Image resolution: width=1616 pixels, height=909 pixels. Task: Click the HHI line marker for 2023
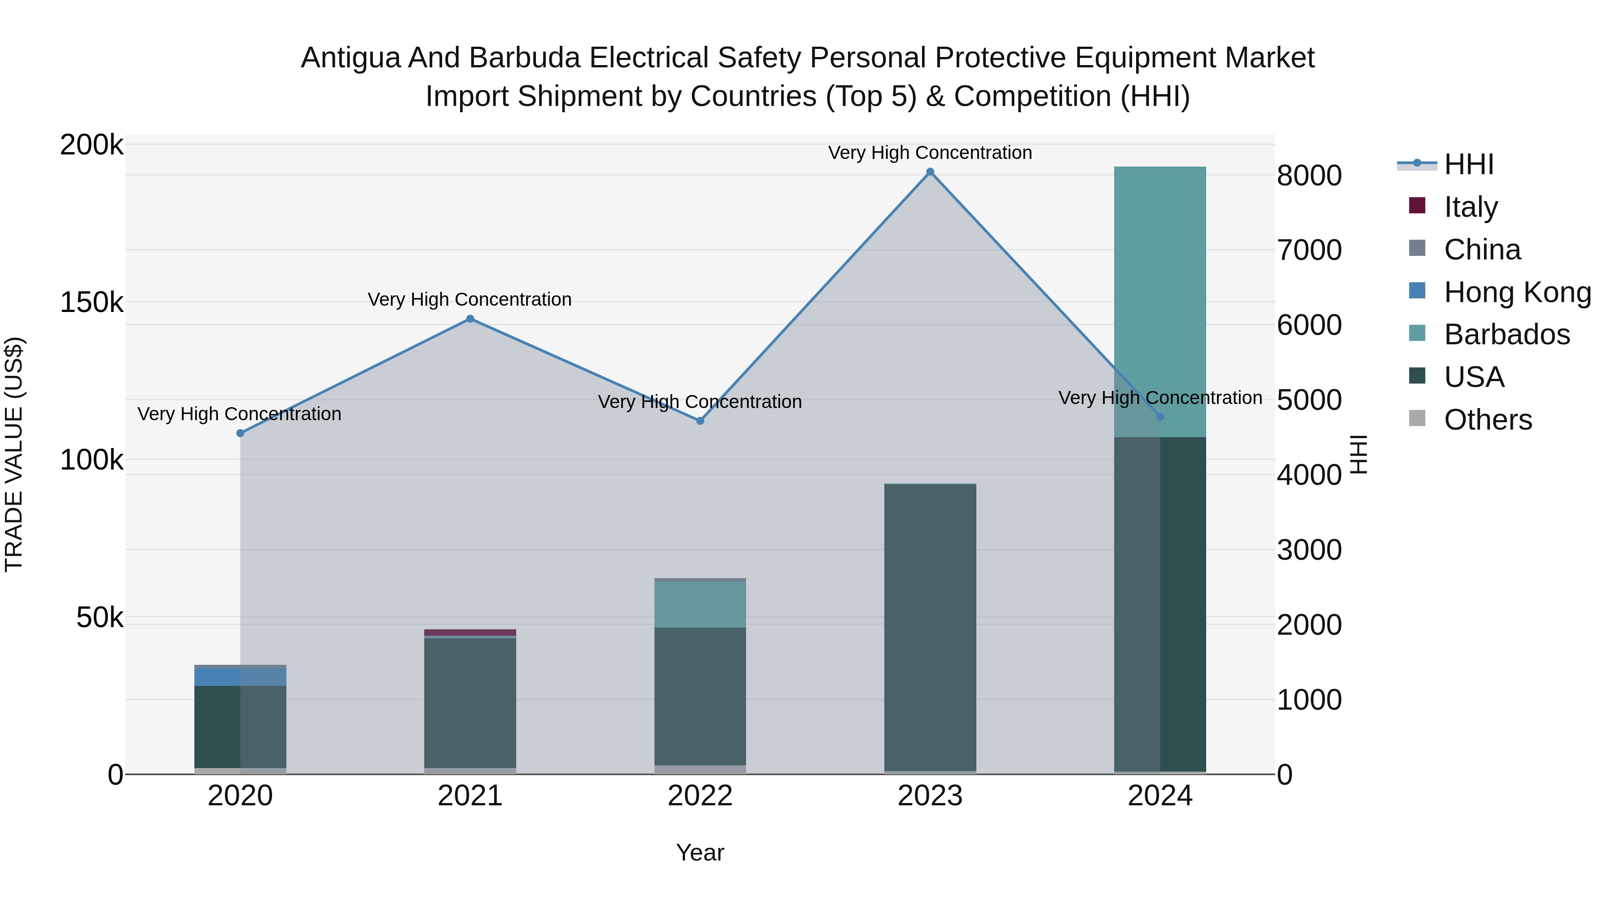(931, 172)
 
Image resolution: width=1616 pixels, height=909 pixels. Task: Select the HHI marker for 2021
(470, 319)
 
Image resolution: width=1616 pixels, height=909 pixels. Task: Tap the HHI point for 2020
(240, 433)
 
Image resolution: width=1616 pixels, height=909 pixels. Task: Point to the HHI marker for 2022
(700, 421)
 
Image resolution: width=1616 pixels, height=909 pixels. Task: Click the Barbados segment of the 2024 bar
(1160, 301)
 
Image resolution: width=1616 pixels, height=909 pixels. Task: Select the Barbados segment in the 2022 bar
(700, 604)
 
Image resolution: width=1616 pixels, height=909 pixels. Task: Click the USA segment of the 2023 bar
(931, 628)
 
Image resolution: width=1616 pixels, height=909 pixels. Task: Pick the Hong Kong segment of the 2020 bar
(240, 677)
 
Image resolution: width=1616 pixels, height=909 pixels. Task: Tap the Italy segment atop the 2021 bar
(470, 632)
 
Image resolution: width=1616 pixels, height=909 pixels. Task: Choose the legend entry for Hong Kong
(1517, 292)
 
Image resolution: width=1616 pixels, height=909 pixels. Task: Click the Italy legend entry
(1471, 207)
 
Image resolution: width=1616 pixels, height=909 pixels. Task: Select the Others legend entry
(1488, 420)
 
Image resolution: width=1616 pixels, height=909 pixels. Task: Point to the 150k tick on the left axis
(92, 303)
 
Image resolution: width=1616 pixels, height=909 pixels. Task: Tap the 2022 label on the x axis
(700, 796)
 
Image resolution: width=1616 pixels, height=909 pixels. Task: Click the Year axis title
(700, 852)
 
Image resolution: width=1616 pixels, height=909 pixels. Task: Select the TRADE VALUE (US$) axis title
(14, 454)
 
